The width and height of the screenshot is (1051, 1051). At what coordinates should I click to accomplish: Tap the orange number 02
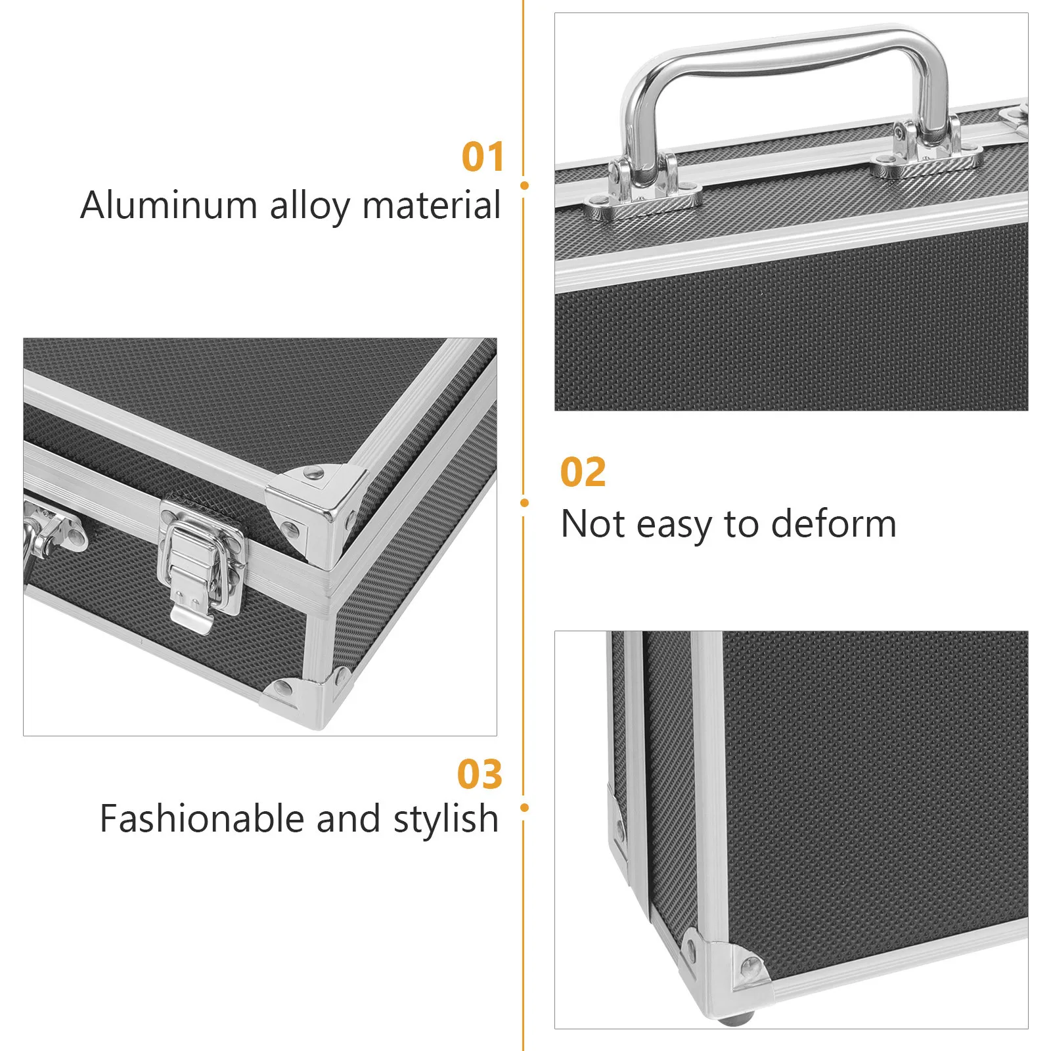tap(583, 472)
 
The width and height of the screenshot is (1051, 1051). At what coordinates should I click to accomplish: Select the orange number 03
tap(480, 774)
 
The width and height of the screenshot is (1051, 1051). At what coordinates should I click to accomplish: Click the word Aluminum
tap(168, 205)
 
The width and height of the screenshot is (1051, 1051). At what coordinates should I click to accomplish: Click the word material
tap(431, 205)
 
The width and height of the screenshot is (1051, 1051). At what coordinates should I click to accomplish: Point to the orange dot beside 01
tap(524, 186)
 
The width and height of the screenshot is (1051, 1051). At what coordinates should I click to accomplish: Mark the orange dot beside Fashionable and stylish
tap(524, 807)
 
